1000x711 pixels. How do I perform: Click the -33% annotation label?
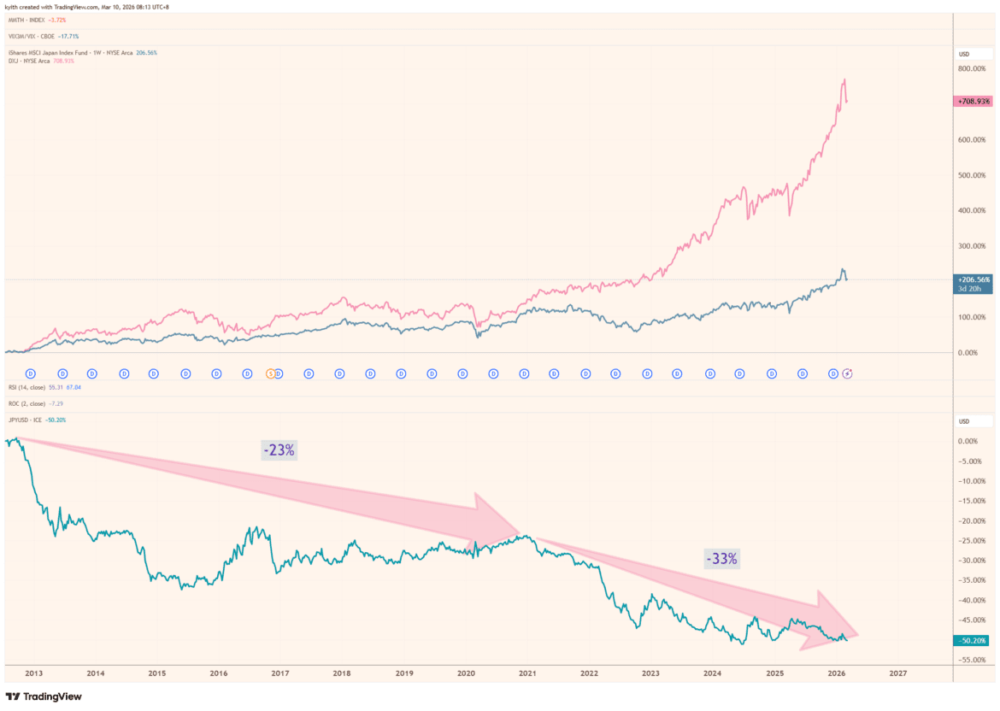tap(722, 559)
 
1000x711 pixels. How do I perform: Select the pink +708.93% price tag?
tap(973, 101)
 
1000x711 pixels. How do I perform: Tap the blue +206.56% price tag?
tap(973, 279)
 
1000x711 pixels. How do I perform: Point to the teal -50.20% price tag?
tap(973, 640)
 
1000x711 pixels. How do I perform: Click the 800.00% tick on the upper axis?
tap(973, 68)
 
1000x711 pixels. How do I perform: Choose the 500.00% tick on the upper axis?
tap(973, 175)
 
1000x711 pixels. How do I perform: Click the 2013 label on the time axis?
tap(33, 673)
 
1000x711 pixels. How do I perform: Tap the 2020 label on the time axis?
tap(466, 673)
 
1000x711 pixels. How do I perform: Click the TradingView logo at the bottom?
tap(44, 696)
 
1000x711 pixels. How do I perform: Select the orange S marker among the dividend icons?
tap(271, 373)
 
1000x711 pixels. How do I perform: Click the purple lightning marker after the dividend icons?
tap(848, 373)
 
